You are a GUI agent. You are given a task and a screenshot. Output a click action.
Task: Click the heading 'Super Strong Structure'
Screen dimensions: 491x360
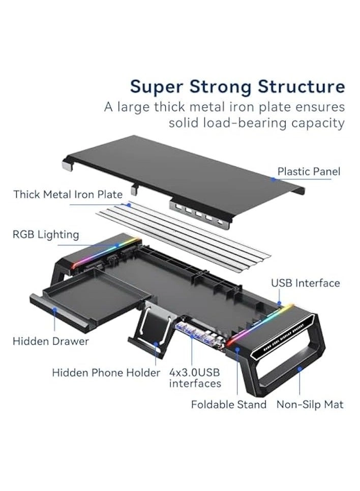[237, 86]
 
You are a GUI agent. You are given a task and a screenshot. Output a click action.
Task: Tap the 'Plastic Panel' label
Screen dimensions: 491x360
[309, 172]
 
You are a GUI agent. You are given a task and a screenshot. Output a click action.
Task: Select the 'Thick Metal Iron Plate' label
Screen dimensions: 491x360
[68, 194]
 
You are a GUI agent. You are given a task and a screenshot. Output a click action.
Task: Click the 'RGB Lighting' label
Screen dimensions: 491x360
[46, 234]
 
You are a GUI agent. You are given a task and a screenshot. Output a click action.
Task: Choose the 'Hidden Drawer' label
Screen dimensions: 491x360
[50, 341]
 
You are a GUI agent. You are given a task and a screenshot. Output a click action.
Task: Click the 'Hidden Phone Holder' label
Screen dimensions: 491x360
[106, 373]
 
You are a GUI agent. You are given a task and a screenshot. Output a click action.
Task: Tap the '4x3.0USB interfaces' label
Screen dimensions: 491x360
[195, 378]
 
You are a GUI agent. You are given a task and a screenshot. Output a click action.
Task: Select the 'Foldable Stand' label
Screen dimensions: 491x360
[228, 405]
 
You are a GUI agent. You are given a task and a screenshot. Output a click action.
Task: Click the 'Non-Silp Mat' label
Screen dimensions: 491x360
[310, 405]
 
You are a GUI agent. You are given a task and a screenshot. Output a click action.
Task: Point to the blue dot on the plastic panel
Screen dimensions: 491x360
[273, 179]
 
